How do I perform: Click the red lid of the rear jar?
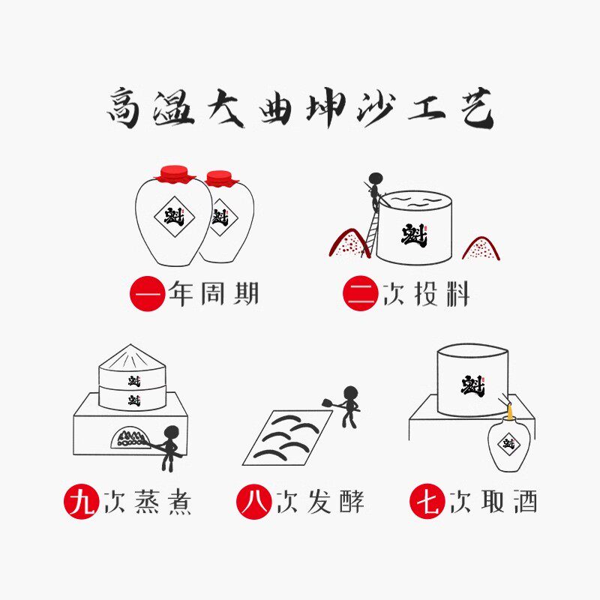[x=219, y=178]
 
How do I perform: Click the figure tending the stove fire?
[x=170, y=447]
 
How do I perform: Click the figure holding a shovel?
[x=349, y=406]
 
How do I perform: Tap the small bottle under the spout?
[x=508, y=445]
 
